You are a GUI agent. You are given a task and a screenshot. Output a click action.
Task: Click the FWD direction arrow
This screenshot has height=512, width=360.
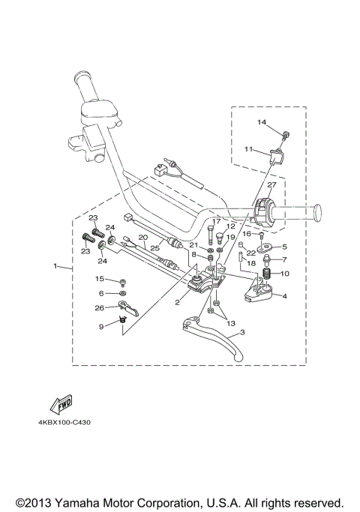[x=61, y=403]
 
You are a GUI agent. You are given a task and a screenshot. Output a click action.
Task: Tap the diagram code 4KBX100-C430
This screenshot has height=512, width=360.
[x=64, y=423]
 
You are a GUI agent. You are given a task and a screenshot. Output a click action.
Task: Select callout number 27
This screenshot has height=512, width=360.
[x=271, y=185]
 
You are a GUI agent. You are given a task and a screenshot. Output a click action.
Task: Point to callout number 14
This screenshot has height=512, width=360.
[x=262, y=122]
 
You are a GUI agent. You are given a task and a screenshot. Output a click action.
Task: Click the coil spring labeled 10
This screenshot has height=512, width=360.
[x=267, y=274]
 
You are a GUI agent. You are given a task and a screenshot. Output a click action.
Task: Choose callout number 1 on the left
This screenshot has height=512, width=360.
[x=55, y=266]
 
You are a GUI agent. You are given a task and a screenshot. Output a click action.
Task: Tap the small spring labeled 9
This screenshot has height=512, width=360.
[x=123, y=320]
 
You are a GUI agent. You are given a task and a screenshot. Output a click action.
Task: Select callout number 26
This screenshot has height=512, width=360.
[x=99, y=308]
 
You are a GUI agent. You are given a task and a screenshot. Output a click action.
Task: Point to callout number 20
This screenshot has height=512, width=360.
[x=143, y=238]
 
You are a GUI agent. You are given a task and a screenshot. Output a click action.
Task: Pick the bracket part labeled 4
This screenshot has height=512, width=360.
[x=260, y=291]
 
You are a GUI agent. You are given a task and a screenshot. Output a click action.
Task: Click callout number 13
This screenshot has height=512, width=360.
[x=231, y=323]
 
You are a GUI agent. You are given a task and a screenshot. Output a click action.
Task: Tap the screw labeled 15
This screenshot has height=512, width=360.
[x=124, y=282]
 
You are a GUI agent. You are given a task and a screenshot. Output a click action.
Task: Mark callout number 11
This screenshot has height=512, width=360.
[x=248, y=149]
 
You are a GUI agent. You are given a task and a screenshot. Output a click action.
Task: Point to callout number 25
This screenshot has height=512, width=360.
[x=154, y=248]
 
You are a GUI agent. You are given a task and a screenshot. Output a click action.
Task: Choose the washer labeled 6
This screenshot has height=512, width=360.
[x=123, y=293]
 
